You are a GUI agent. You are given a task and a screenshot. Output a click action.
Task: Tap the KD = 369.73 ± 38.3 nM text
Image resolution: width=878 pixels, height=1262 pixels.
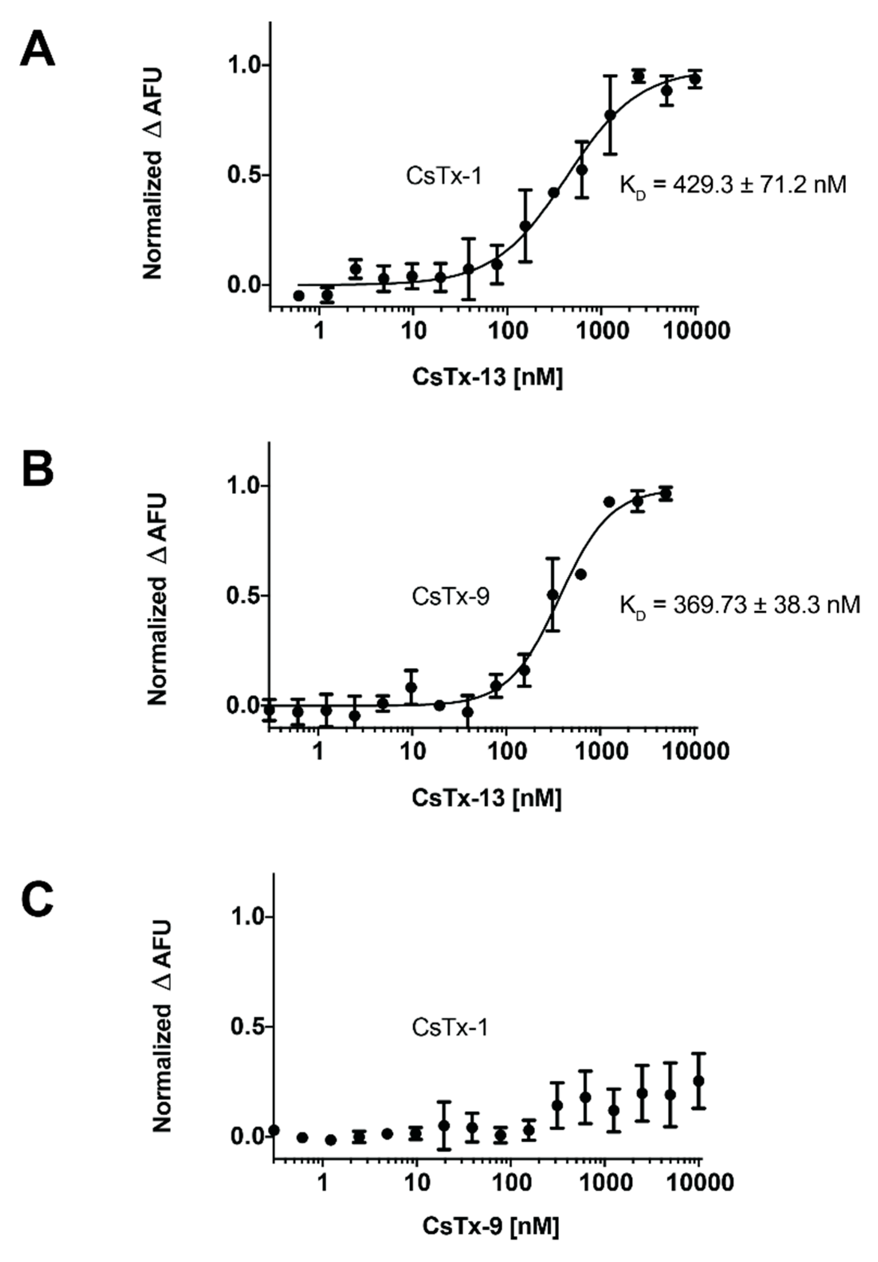click(739, 605)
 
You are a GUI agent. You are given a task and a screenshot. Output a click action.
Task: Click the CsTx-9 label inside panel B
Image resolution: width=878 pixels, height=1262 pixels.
click(450, 597)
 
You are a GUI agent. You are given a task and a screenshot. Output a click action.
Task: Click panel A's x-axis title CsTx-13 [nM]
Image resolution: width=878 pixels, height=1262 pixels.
click(488, 379)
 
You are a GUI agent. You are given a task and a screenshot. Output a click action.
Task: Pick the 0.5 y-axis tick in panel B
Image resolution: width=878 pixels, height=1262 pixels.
click(245, 596)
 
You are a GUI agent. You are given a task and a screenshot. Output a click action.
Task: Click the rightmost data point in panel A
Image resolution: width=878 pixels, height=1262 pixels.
click(695, 78)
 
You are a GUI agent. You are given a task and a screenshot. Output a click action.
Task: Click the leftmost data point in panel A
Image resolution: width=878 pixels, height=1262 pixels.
click(299, 296)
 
